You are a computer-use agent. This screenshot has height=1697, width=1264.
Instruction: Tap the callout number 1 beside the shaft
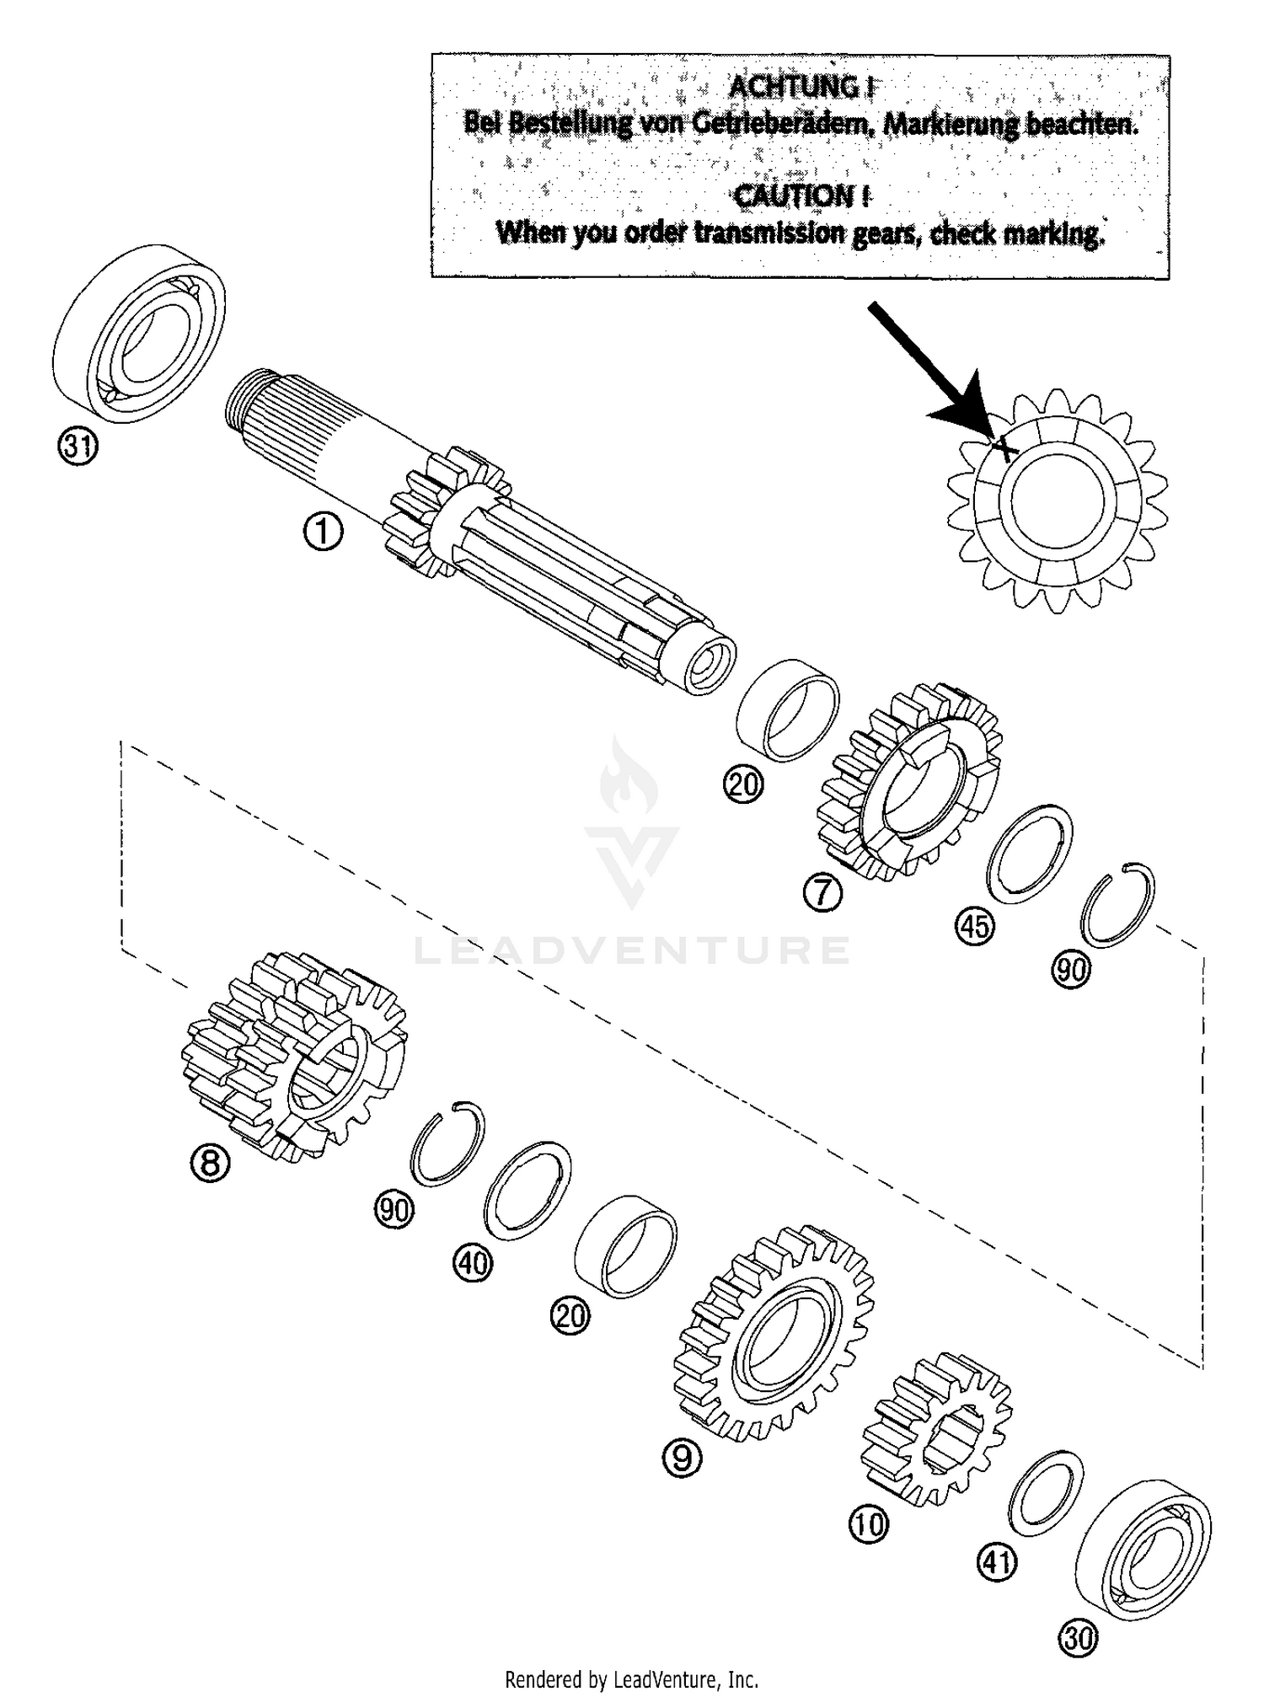(324, 533)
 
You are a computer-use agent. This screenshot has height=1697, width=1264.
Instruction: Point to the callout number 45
(974, 927)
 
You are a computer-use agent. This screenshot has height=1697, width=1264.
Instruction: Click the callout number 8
(210, 1164)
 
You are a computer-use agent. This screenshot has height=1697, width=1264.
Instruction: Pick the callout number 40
(473, 1263)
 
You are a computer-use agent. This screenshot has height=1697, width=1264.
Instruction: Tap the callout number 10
(869, 1523)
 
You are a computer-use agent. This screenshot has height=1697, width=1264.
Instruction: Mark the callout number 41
(997, 1563)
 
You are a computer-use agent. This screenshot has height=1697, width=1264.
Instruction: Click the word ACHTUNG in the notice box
(798, 87)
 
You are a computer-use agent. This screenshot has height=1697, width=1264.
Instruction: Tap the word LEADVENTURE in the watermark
(632, 950)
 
